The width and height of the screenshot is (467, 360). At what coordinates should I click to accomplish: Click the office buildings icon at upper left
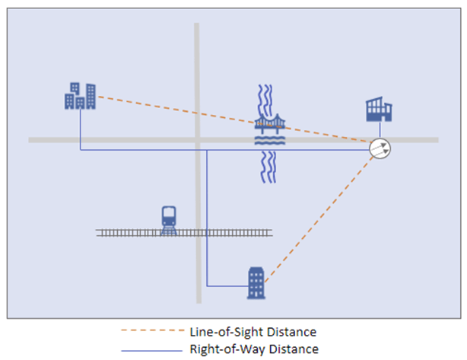coord(80,96)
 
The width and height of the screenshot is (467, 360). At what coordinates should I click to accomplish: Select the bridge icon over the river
coord(269,126)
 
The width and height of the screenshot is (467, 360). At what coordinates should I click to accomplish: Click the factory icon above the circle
coord(378,110)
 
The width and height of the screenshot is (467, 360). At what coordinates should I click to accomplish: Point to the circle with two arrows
coord(380,149)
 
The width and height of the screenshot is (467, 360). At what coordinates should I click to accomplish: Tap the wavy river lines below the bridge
coord(268,167)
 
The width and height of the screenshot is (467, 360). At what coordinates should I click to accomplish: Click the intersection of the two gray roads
coord(196,140)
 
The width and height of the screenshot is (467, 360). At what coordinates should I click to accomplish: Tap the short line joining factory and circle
coord(380,130)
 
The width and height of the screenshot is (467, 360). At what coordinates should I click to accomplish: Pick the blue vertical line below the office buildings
coord(81,129)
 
